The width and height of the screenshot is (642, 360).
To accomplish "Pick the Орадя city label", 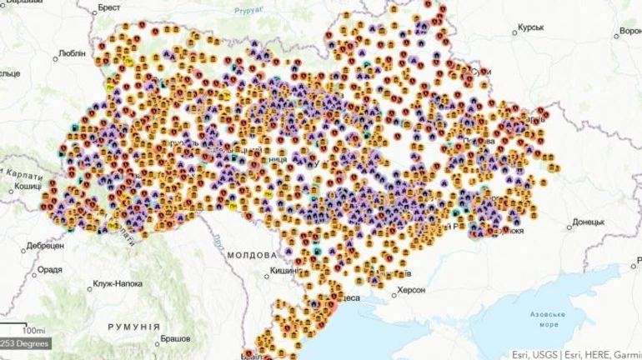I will pos(50,269).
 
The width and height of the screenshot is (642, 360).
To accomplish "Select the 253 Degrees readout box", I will pos(24,343).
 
